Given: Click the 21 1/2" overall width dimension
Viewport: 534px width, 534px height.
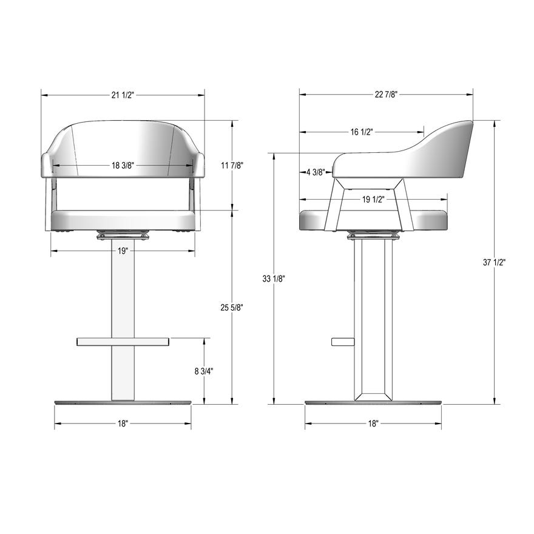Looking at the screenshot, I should point(123,95).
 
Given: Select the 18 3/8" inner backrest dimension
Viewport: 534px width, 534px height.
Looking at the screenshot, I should point(123,165).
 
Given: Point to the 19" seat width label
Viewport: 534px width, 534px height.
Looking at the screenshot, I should point(123,251).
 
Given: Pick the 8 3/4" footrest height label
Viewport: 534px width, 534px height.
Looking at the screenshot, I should point(204,371).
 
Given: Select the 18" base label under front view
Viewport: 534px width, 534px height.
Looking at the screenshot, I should point(123,424).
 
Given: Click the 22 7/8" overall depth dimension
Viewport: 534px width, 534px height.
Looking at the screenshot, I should point(386,94).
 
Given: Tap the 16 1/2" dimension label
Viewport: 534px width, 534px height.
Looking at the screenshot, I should point(362,132).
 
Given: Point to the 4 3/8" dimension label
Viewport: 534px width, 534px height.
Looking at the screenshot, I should point(316,172).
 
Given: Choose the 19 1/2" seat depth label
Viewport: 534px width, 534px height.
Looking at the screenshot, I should point(373,200).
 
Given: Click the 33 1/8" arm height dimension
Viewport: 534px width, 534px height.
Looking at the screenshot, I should point(274,279).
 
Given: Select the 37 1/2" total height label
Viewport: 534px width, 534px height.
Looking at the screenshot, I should point(495,262).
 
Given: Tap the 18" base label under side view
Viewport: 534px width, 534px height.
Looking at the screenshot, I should point(373,424).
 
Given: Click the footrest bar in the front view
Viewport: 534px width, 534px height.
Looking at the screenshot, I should point(123,342).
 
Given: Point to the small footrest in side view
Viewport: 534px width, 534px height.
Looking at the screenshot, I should point(342,342).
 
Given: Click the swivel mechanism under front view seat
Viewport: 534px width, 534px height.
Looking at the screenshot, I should point(123,234).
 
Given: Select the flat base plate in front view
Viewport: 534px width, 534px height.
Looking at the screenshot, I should point(123,402).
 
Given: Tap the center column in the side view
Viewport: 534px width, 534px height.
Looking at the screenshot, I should point(373,316).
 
